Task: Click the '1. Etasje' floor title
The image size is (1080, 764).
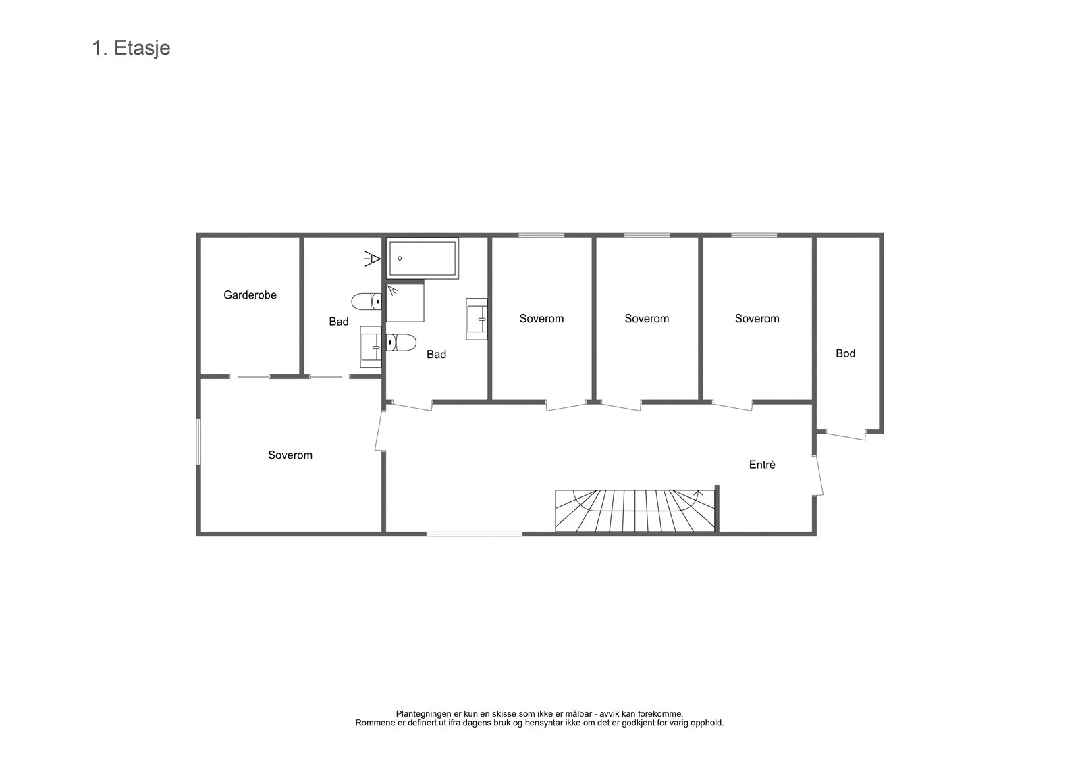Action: (x=131, y=48)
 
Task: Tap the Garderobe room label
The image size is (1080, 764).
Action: (x=250, y=295)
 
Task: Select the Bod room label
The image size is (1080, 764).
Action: (x=845, y=353)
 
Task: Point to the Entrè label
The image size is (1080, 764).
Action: (x=762, y=464)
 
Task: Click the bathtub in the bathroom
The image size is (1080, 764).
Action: (x=423, y=259)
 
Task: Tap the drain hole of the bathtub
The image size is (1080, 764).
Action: (x=400, y=259)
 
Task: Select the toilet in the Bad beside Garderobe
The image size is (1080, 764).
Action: (x=367, y=302)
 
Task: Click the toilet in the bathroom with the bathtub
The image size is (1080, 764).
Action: (x=401, y=342)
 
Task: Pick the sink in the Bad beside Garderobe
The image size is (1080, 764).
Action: (x=371, y=347)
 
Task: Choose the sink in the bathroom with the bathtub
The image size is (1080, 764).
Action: (x=477, y=319)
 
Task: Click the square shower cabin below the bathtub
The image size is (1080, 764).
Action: (x=405, y=303)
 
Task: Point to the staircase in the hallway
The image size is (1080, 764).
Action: (x=634, y=511)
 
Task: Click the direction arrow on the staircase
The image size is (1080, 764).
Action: (x=698, y=493)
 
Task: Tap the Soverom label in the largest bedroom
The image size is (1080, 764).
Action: (x=290, y=455)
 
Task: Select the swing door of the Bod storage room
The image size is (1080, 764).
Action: (x=846, y=434)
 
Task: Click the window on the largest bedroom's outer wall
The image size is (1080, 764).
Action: (x=198, y=442)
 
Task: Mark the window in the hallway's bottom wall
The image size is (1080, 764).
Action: (x=475, y=534)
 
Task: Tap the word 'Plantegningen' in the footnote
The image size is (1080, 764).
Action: (x=424, y=714)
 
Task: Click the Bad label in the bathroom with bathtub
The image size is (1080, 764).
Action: (x=436, y=354)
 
